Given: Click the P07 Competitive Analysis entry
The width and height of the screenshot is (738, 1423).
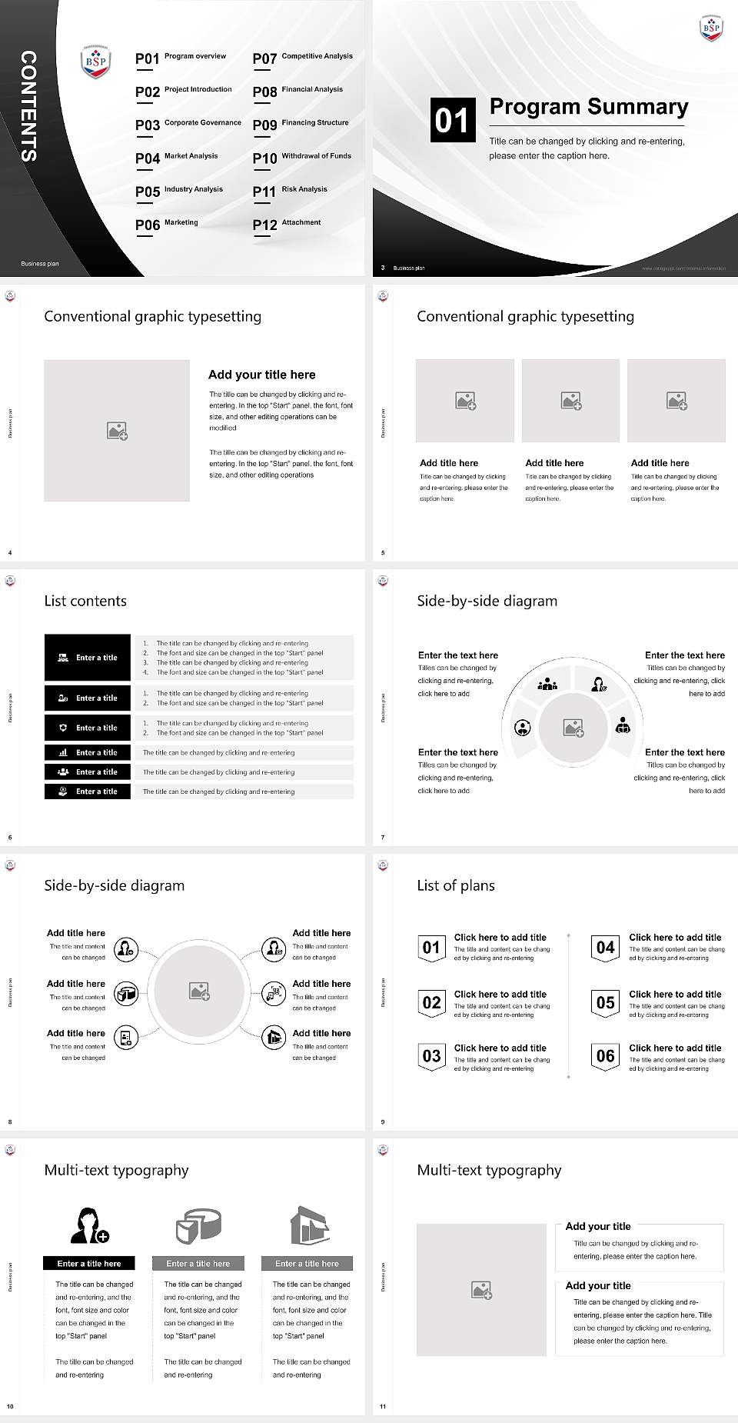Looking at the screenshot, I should tap(303, 58).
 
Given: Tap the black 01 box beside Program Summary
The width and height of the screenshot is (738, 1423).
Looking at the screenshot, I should tap(452, 120).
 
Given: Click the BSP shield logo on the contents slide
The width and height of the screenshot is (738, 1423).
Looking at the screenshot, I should tap(96, 62).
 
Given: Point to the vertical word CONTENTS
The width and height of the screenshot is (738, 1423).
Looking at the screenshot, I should tap(28, 106).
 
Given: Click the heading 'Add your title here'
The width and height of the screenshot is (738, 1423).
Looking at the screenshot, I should tap(261, 375).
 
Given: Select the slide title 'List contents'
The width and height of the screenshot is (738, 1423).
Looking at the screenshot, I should tap(85, 601).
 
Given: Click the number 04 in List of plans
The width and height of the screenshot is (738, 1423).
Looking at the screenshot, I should tap(606, 948).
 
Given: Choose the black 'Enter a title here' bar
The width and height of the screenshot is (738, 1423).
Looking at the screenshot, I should tap(89, 1263).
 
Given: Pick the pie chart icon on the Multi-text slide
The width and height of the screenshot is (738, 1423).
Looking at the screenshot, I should tap(198, 1225).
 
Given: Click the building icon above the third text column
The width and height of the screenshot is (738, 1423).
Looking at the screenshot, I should tap(309, 1225).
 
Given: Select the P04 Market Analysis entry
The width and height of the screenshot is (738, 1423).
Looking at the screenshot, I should tap(177, 158).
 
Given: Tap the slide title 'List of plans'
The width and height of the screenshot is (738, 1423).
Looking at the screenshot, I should tap(456, 885).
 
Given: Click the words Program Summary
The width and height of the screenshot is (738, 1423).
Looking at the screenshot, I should tap(589, 107).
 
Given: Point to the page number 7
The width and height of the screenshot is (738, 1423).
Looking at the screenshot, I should tap(383, 837).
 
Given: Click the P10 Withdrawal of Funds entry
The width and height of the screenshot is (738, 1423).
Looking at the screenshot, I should tap(302, 158).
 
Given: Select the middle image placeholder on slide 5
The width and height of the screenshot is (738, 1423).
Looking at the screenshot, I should tap(570, 401).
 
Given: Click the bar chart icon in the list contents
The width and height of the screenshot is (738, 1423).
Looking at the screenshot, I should tap(63, 752).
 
